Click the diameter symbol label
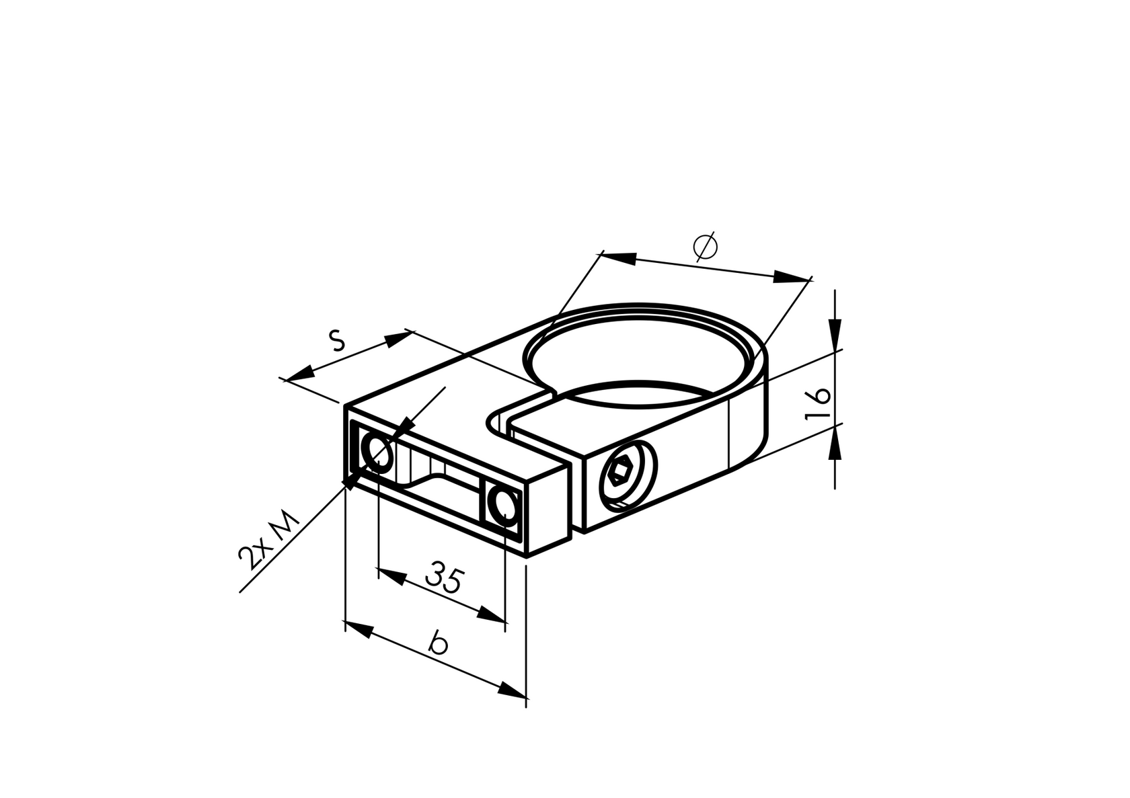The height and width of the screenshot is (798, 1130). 706,247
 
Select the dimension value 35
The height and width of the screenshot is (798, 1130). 445,577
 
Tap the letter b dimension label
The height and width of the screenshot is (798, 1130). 439,642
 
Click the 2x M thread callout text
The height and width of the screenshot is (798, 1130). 268,541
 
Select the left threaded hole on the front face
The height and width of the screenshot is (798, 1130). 377,451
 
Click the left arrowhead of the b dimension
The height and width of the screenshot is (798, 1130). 359,629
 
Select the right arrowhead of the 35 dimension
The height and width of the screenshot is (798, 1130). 490,614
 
